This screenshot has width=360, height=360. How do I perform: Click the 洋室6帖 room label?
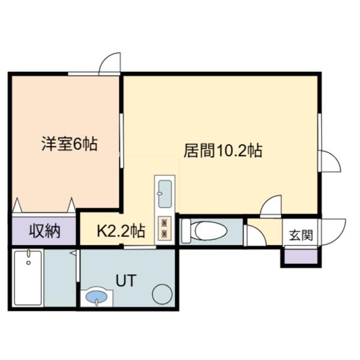point(70,144)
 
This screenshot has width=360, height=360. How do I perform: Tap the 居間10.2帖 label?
point(223,151)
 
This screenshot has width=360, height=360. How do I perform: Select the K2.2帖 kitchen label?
point(121,231)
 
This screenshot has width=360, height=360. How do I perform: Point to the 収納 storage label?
point(44,231)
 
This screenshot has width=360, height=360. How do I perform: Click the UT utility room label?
point(126,280)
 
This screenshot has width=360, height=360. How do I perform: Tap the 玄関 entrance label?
point(301,235)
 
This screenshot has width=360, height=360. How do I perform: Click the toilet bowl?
point(211,231)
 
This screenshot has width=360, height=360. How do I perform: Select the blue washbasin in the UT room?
point(97,296)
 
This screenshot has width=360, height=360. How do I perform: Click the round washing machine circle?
point(162,294)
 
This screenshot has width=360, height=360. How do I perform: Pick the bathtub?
point(28,278)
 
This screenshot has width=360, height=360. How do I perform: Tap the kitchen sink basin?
point(165,194)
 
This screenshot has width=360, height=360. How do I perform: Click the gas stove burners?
point(164,228)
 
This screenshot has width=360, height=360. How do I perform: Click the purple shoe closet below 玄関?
point(301,256)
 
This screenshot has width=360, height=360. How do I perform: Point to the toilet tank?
point(186,231)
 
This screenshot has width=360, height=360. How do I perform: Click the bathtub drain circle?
point(28,263)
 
